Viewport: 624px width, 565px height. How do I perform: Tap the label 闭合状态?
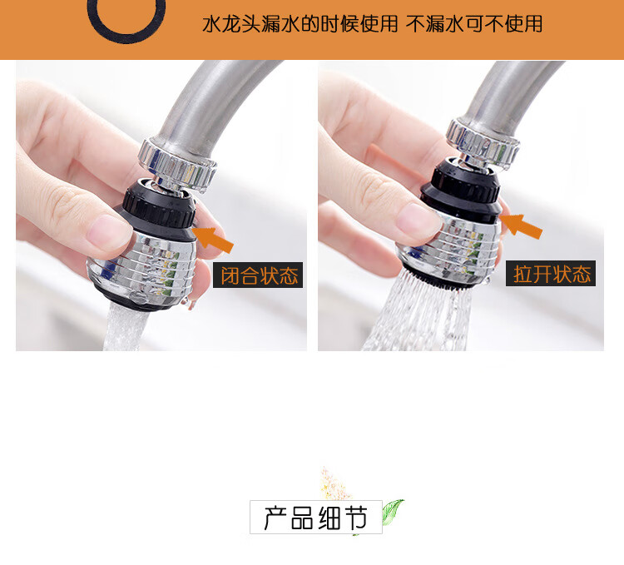coord(258,275)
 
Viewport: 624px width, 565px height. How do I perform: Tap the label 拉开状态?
coord(551,274)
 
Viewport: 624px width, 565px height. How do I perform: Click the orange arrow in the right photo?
coord(521,226)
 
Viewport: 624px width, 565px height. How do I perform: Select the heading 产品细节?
coord(316,518)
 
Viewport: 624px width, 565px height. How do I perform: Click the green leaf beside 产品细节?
coord(392,512)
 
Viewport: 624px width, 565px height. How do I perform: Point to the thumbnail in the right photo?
coord(417,220)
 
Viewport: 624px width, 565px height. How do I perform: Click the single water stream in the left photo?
coord(122,327)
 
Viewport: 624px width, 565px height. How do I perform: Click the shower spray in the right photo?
coord(418,315)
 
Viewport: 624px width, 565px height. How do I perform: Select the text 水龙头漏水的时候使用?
coord(300,24)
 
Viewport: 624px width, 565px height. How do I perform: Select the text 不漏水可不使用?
coord(473,24)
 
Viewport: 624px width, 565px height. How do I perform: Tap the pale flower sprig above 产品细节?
coord(334,483)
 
